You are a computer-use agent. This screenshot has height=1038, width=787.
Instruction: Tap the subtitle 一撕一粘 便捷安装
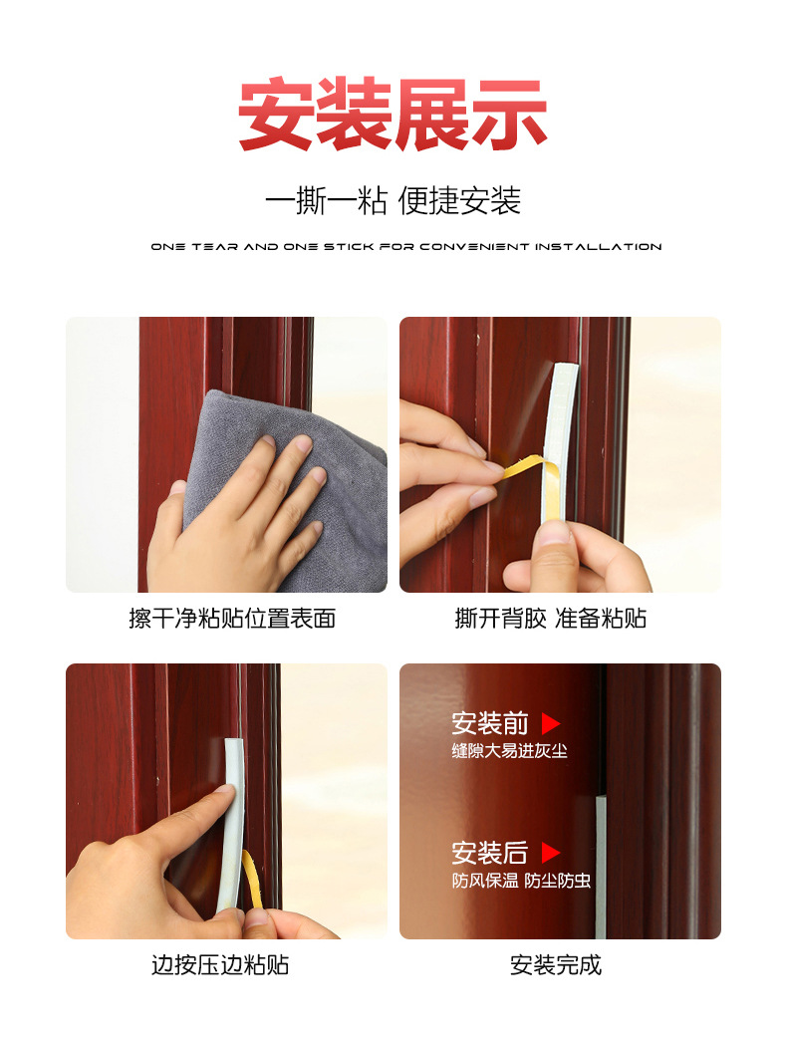tap(393, 200)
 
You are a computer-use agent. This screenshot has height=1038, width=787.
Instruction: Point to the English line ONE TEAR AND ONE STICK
tap(405, 246)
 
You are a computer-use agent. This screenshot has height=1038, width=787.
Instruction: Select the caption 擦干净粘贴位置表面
tap(232, 618)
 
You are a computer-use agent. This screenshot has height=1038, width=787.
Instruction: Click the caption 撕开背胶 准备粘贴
tap(551, 618)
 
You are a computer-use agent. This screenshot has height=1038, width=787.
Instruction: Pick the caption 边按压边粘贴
tap(220, 964)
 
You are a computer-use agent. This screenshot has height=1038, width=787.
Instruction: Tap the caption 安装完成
tap(556, 964)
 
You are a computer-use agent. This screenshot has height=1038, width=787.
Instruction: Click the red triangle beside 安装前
tap(551, 724)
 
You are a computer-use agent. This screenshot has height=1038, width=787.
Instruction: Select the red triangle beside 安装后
tap(551, 853)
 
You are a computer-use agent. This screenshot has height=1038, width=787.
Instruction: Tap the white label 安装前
tap(490, 724)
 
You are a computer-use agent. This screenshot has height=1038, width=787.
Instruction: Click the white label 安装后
tap(490, 853)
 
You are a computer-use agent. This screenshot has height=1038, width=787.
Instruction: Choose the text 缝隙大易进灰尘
tap(509, 752)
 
